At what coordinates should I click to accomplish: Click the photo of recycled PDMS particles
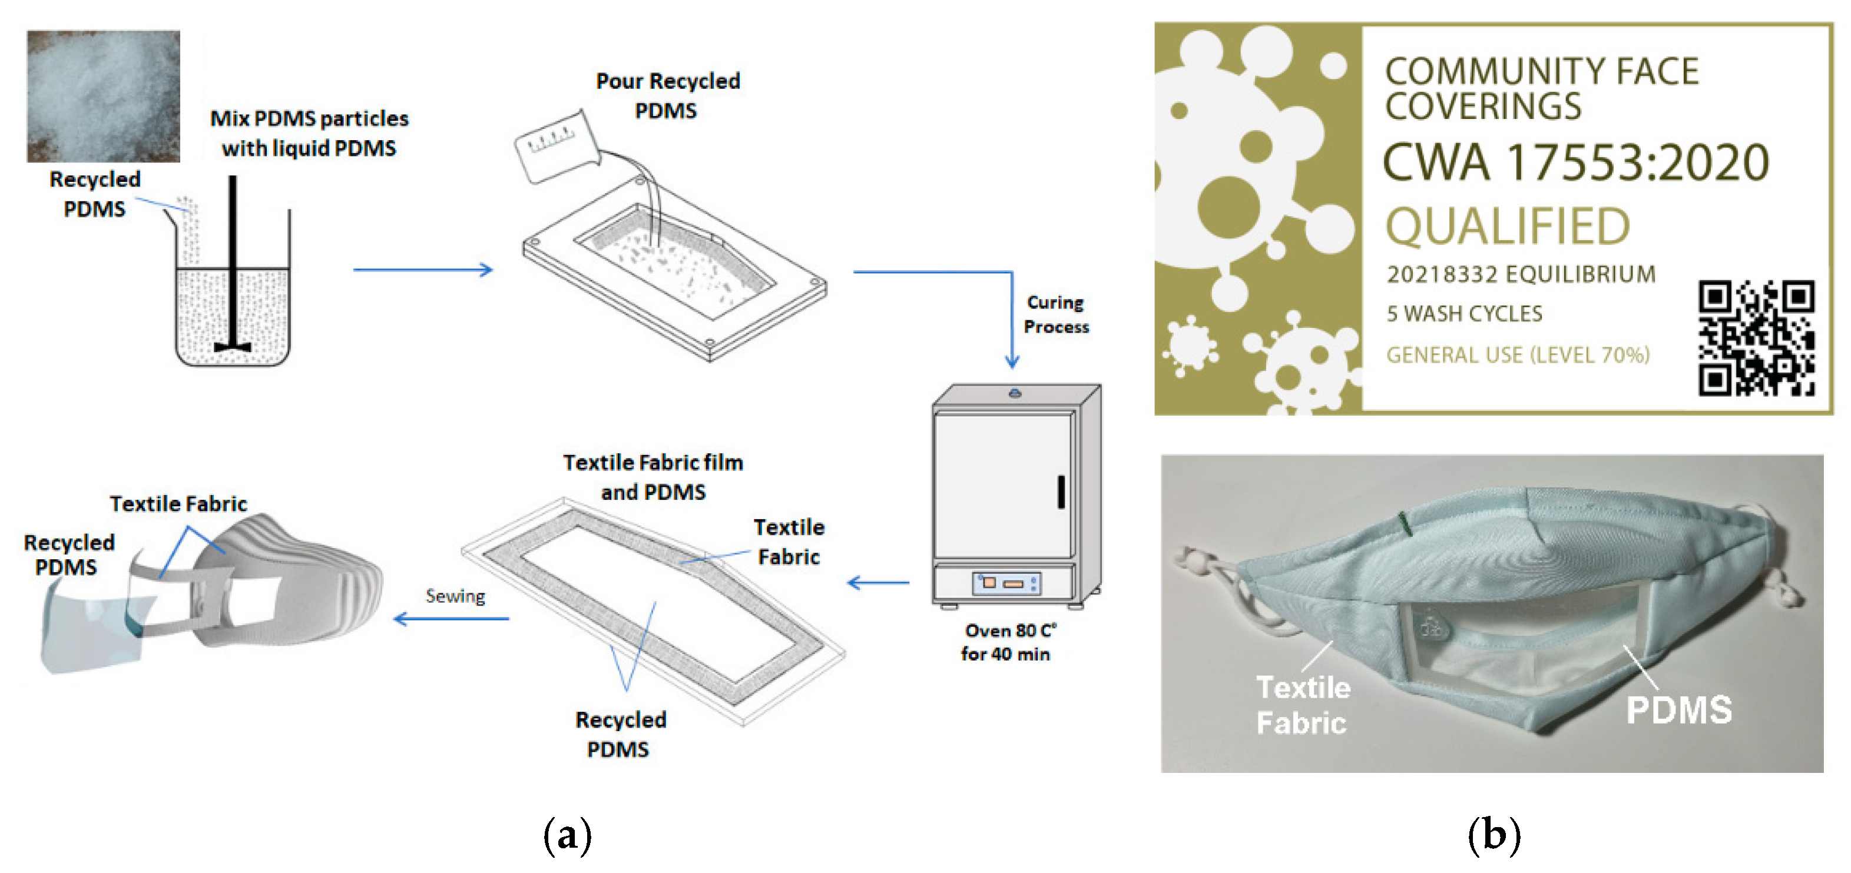coord(104,95)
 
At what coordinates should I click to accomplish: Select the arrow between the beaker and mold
coord(422,270)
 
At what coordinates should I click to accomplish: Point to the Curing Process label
coord(1055,315)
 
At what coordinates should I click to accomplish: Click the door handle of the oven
coord(1061,492)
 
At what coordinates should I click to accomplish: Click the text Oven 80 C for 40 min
coord(1008,642)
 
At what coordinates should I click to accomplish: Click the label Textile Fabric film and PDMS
coord(653,477)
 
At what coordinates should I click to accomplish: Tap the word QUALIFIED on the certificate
coord(1507,226)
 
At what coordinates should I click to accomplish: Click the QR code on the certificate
coord(1756,338)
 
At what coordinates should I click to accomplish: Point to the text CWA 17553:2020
coord(1575,163)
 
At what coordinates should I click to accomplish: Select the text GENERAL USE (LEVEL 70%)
coord(1518,355)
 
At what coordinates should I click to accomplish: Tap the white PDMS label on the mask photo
coord(1678,710)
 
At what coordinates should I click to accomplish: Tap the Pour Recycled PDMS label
coord(667,95)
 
